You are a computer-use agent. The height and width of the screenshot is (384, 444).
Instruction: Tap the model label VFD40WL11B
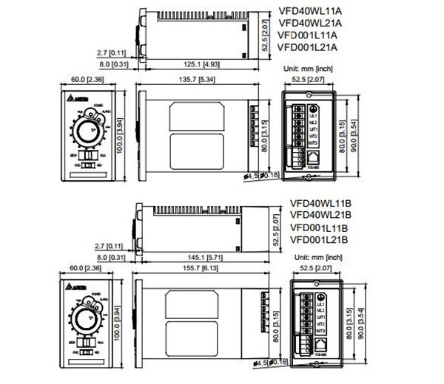[x=319, y=203]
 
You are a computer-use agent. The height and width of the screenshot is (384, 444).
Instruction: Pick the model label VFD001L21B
[x=319, y=239]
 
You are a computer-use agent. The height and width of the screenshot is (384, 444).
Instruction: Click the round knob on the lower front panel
[x=87, y=323]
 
